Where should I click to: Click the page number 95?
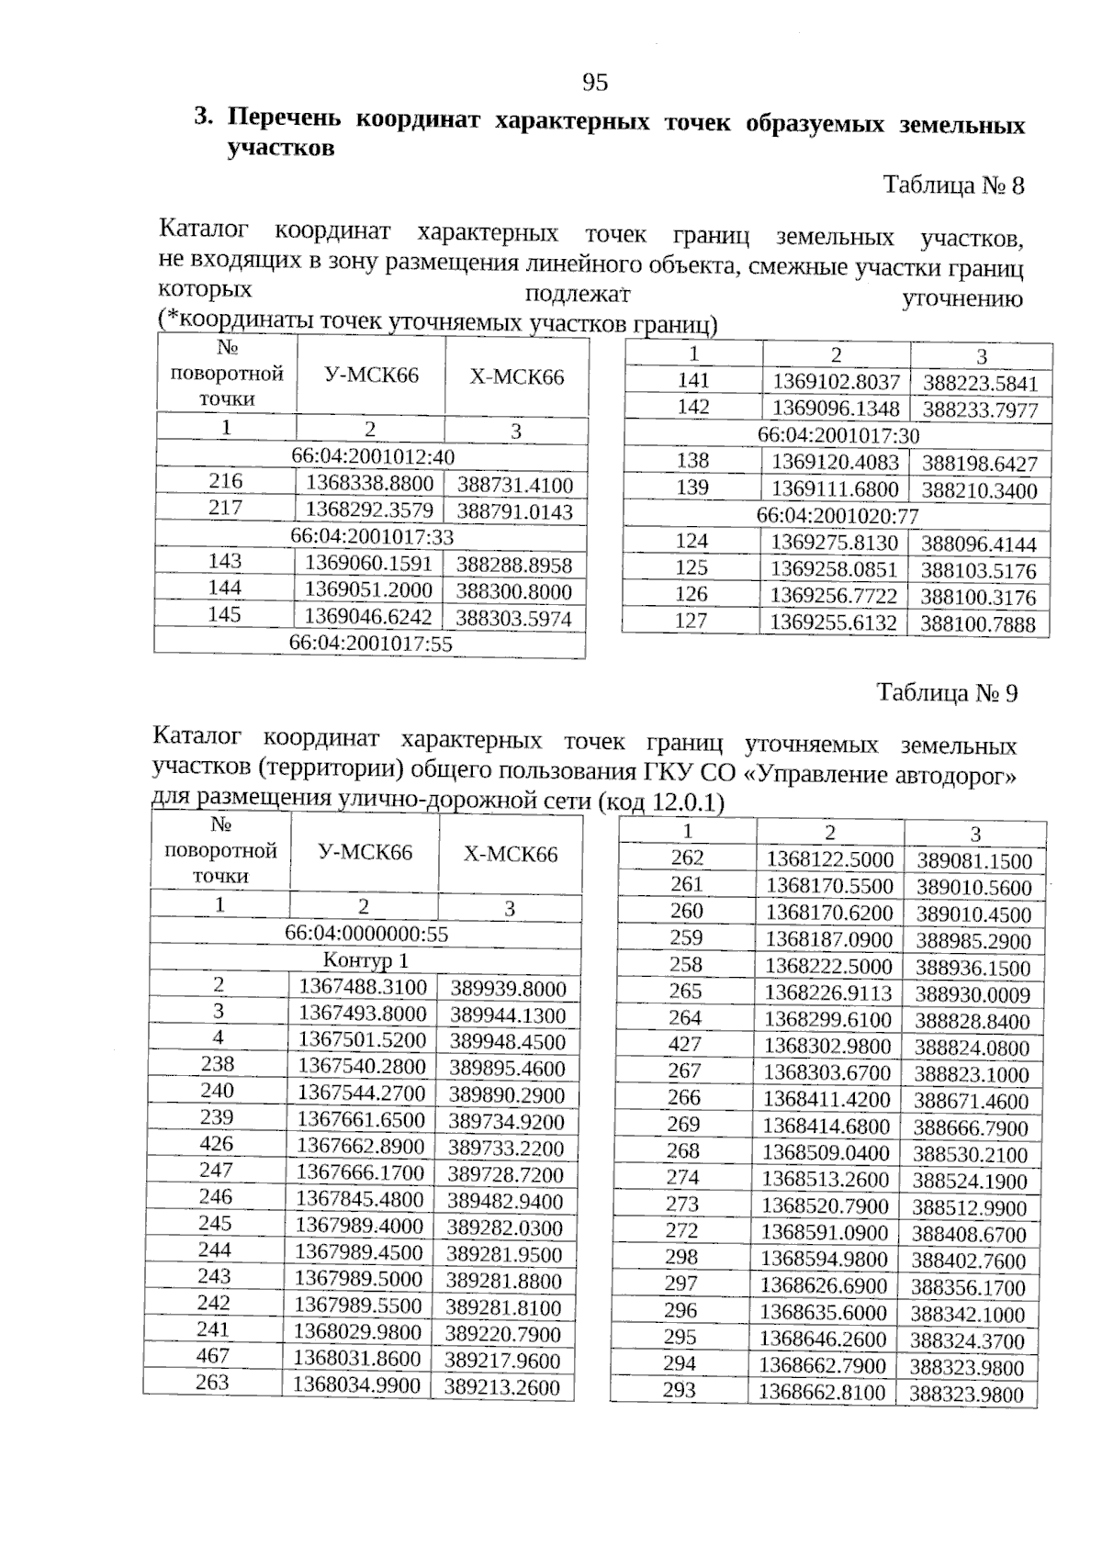click(x=595, y=84)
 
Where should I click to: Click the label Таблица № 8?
click(x=953, y=185)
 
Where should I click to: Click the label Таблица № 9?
click(x=947, y=693)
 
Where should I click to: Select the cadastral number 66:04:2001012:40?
click(x=373, y=456)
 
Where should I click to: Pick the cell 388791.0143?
click(x=514, y=511)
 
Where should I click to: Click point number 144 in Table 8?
click(x=225, y=588)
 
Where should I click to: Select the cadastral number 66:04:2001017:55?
click(x=371, y=644)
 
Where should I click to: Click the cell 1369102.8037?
click(x=836, y=383)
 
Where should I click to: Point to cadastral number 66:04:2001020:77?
click(x=838, y=516)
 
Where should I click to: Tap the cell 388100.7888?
click(x=978, y=625)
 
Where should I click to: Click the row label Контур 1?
click(x=365, y=961)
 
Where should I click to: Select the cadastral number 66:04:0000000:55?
click(x=366, y=934)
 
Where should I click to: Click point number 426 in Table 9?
click(x=217, y=1144)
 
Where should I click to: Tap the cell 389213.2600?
click(x=502, y=1387)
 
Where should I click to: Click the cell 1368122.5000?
click(x=830, y=859)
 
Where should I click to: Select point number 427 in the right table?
click(x=685, y=1045)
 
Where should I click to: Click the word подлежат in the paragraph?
click(x=577, y=295)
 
